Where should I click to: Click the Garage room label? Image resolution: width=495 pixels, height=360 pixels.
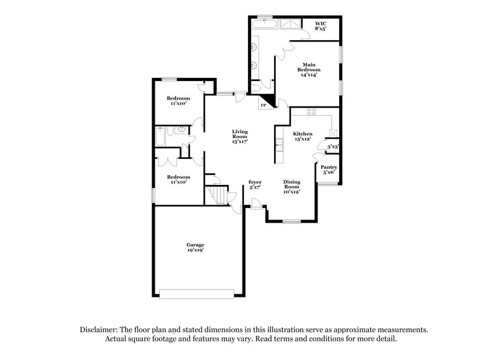(195, 245)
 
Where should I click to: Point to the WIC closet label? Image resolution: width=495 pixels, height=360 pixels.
(320, 23)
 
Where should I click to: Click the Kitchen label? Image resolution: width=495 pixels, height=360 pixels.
(303, 134)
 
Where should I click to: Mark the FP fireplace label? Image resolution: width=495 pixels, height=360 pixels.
(264, 106)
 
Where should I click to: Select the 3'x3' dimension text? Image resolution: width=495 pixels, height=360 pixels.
(332, 147)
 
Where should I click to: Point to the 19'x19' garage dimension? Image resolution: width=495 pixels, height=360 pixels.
(195, 251)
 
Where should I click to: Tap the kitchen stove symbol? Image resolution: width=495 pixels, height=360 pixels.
(311, 113)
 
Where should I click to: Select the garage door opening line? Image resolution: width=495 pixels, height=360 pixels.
(197, 293)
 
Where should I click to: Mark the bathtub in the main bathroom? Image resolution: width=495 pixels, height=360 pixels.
(267, 24)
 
